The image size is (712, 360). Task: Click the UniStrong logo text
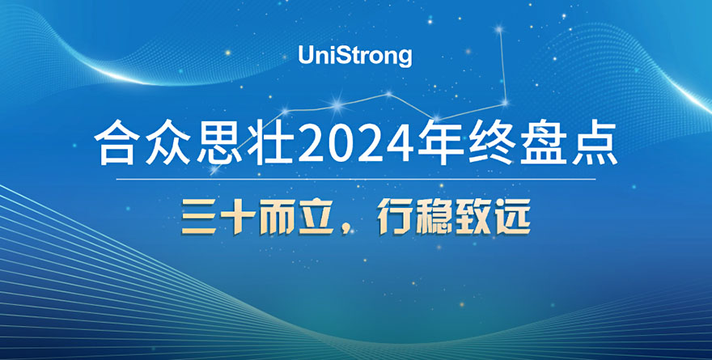coord(354,56)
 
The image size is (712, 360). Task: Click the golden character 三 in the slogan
coord(199,218)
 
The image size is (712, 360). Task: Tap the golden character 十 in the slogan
coord(238,218)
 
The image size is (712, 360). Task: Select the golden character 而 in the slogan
coord(277,218)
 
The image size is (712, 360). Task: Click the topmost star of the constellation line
coord(499,30)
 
